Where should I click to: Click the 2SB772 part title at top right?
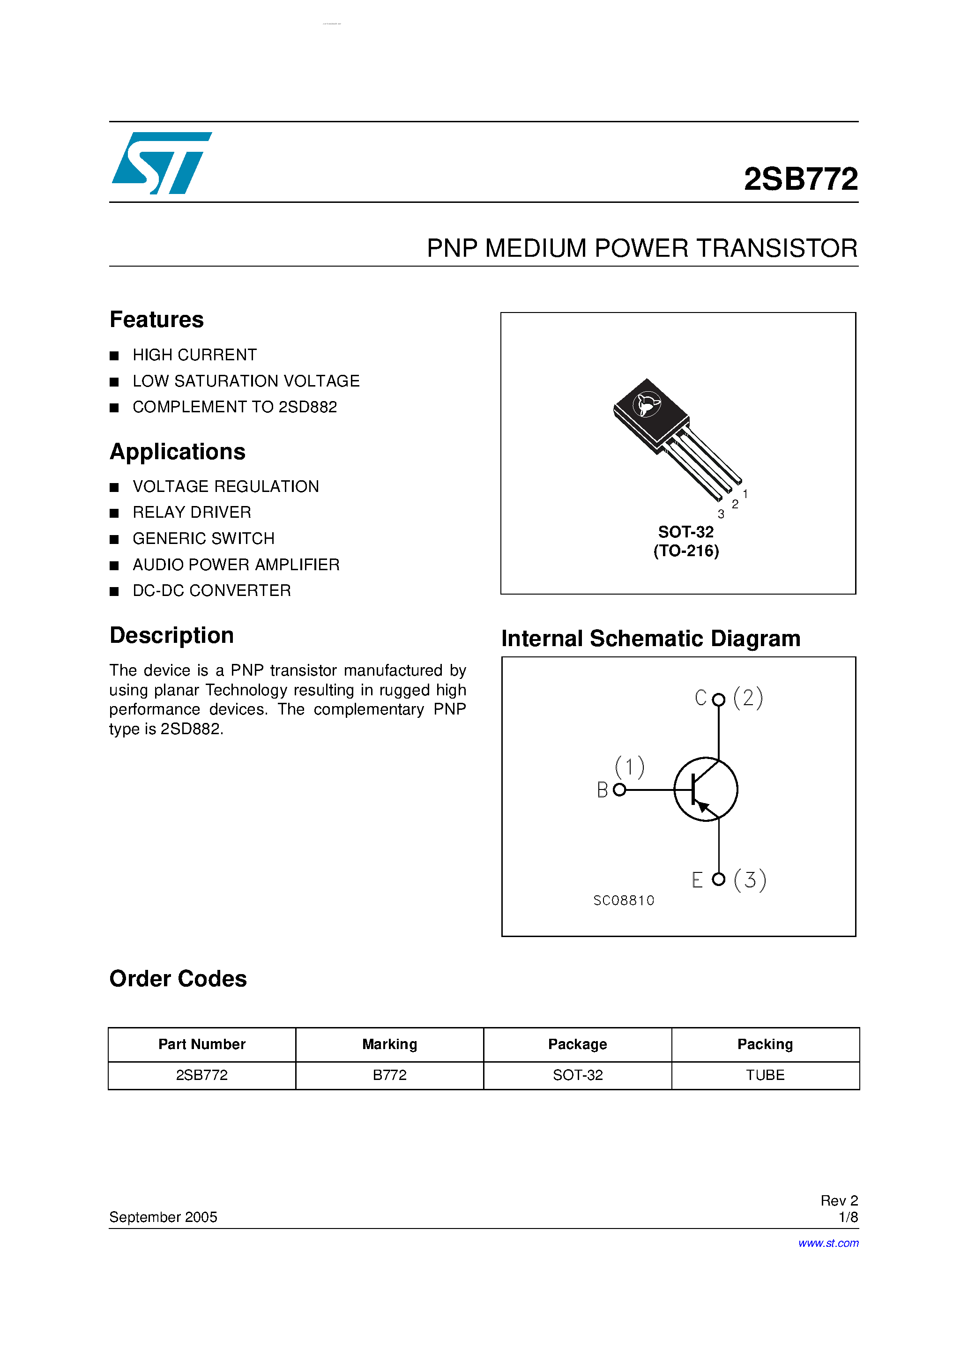[800, 179]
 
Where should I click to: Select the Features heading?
[156, 320]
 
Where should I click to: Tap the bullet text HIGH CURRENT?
[194, 355]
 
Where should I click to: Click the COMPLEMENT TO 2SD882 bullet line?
[235, 407]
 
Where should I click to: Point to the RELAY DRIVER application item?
[192, 513]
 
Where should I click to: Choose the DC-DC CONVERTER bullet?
[211, 591]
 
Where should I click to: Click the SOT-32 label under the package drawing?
[686, 532]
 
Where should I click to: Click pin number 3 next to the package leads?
[721, 514]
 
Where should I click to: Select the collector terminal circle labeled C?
[719, 700]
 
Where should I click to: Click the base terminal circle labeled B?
[619, 790]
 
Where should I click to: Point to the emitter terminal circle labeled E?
[719, 879]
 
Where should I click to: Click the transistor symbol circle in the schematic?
[706, 789]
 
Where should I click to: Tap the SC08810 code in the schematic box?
[624, 901]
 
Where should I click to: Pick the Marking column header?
[390, 1044]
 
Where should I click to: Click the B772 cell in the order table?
[390, 1075]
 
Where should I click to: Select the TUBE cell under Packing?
[765, 1075]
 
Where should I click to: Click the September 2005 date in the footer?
[163, 1217]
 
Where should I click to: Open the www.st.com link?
[828, 1243]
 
